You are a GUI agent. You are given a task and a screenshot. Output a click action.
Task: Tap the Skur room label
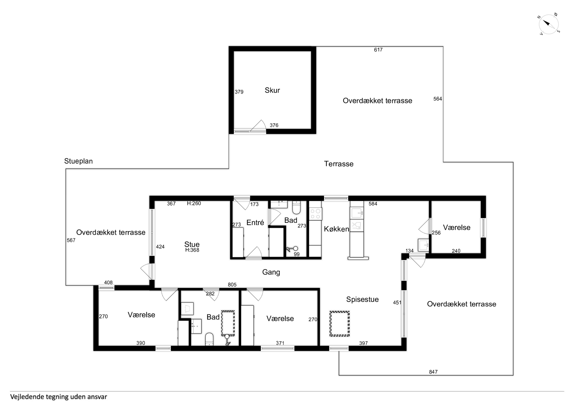coord(272,90)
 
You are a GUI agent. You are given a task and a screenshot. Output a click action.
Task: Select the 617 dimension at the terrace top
coord(378,50)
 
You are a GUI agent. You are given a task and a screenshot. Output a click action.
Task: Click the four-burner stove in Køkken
coord(315,214)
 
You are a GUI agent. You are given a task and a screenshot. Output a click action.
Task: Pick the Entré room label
coord(255,223)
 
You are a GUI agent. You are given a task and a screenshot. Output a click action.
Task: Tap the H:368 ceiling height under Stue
coord(192,250)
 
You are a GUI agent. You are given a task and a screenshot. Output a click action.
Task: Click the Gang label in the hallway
coord(271,272)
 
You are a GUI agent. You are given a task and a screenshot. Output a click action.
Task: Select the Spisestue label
coord(362,299)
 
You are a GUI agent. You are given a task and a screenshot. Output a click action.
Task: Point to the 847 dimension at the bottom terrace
coord(433,372)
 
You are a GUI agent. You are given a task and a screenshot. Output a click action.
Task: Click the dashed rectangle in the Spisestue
coord(339,324)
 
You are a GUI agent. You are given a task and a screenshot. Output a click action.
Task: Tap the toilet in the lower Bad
coord(209,339)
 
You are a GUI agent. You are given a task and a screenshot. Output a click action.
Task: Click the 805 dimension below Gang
coord(232,285)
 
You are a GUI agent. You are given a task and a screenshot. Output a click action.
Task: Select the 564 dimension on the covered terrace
coord(438,99)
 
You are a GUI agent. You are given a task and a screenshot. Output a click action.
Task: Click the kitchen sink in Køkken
coord(357,213)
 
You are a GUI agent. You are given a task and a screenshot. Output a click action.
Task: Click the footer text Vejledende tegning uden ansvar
coord(59,397)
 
